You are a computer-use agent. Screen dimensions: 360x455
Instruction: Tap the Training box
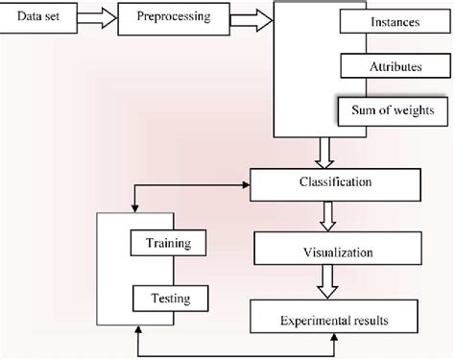point(168,244)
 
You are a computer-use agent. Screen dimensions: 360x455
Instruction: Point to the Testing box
point(168,299)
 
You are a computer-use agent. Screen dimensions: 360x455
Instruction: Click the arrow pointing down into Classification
point(323,153)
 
